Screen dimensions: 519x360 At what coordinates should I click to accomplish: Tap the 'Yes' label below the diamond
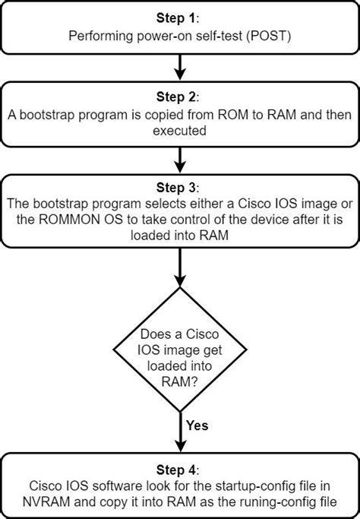[197, 426]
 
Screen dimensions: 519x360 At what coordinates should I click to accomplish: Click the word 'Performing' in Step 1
[96, 34]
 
